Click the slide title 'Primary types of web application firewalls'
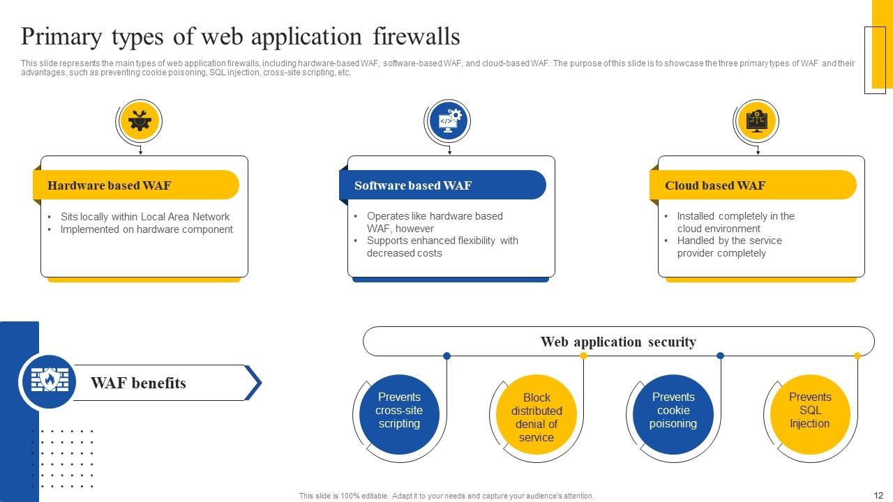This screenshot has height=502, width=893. pyautogui.click(x=240, y=36)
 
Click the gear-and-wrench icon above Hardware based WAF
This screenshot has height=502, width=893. pyautogui.click(x=140, y=121)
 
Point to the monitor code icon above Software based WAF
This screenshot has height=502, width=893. pyautogui.click(x=448, y=121)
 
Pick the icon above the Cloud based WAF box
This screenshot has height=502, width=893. pyautogui.click(x=756, y=121)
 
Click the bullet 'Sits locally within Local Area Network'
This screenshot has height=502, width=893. pyautogui.click(x=145, y=217)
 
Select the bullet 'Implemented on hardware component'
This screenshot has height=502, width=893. pyautogui.click(x=147, y=229)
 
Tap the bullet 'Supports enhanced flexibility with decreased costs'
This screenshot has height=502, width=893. pyautogui.click(x=442, y=247)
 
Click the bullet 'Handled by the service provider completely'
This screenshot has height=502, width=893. pyautogui.click(x=729, y=247)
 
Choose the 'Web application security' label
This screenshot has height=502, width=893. pyautogui.click(x=618, y=342)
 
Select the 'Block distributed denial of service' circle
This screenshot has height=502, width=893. pyautogui.click(x=536, y=417)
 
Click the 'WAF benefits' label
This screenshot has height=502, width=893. pyautogui.click(x=138, y=383)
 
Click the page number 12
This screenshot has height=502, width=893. pyautogui.click(x=878, y=495)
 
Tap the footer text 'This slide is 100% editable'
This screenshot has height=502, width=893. pyautogui.click(x=446, y=496)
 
